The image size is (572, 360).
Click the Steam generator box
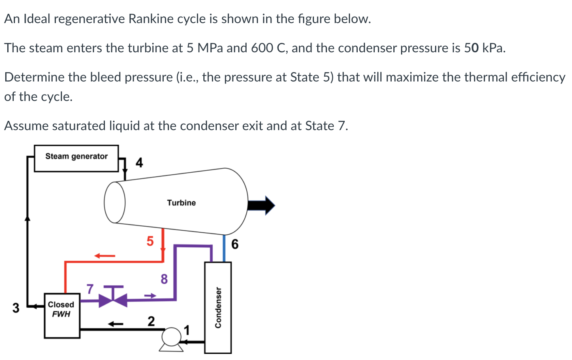(x=76, y=159)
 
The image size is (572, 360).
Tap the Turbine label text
(x=181, y=203)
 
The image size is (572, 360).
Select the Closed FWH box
(x=62, y=315)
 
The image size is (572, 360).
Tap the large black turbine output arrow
(x=261, y=205)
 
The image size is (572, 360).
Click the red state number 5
(x=150, y=241)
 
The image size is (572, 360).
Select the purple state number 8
(x=164, y=279)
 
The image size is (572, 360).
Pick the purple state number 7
(x=90, y=289)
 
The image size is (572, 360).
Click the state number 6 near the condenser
(x=235, y=244)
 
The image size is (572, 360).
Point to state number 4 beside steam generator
(x=139, y=163)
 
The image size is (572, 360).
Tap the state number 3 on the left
(x=15, y=308)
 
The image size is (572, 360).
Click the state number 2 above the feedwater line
(x=151, y=321)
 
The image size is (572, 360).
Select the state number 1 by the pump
(x=186, y=330)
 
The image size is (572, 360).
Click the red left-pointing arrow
(x=105, y=256)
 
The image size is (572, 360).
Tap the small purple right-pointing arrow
(x=150, y=296)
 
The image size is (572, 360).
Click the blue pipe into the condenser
(x=224, y=248)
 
